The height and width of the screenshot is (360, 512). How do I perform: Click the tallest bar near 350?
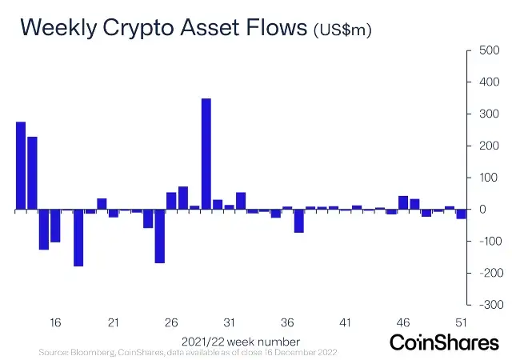(206, 154)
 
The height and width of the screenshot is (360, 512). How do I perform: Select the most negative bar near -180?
(78, 238)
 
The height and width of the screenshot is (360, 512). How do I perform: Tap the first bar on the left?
(21, 166)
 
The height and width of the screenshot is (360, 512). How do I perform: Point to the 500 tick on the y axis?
(489, 50)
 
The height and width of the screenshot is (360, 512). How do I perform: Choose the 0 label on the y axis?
(482, 210)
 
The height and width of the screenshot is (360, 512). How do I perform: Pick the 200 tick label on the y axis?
(489, 146)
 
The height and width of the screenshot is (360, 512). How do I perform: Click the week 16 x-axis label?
(55, 322)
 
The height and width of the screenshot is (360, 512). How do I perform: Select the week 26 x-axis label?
(171, 322)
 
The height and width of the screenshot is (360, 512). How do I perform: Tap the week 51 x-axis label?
(461, 322)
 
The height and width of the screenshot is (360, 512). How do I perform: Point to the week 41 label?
(345, 322)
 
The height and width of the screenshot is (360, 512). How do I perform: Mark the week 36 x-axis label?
(287, 322)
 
